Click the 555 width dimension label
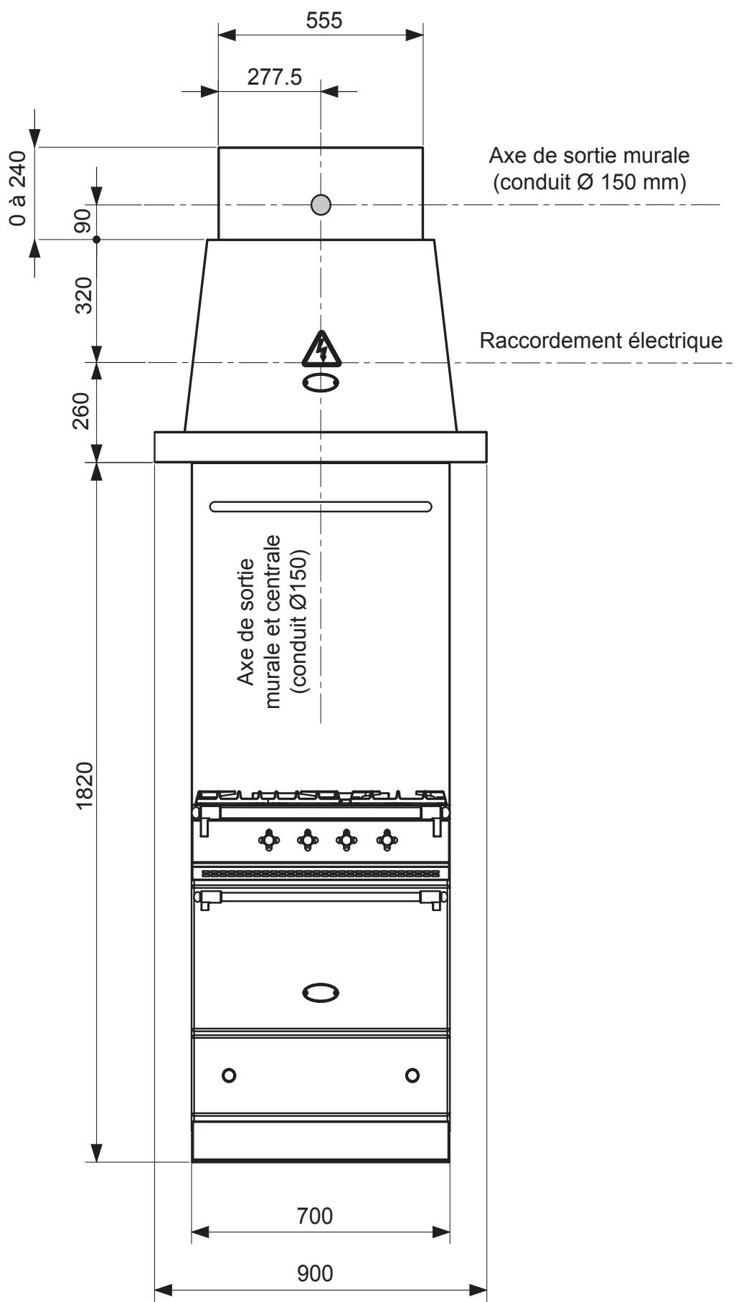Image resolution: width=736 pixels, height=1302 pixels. point(324,21)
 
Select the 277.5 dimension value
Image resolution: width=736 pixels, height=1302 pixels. point(275,77)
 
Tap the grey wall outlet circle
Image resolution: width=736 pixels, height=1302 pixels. point(321,205)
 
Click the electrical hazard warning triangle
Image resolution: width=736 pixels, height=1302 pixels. point(321,349)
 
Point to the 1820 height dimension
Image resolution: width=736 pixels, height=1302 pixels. point(85,785)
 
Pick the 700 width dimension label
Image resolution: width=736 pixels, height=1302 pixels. point(315,1216)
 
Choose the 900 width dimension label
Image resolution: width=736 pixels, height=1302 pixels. point(315,1273)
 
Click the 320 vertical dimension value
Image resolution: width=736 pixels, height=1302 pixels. point(85,296)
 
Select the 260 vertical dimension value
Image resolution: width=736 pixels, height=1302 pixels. point(85,410)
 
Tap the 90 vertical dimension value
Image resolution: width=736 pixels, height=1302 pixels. point(85,222)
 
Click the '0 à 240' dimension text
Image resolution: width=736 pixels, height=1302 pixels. point(19,188)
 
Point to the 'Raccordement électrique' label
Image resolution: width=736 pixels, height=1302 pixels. point(601,341)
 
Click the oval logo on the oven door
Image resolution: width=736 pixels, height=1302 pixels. point(321,993)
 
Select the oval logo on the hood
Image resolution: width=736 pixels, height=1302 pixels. point(321,382)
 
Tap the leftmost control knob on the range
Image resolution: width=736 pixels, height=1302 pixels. point(269,839)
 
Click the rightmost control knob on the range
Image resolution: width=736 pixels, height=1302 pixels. point(387,839)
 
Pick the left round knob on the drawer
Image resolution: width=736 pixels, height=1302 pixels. point(229,1075)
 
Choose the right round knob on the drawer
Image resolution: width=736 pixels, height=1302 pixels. point(412,1075)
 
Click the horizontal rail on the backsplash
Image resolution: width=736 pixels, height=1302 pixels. point(321,506)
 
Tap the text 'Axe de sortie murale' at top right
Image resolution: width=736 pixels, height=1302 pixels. point(589,155)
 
